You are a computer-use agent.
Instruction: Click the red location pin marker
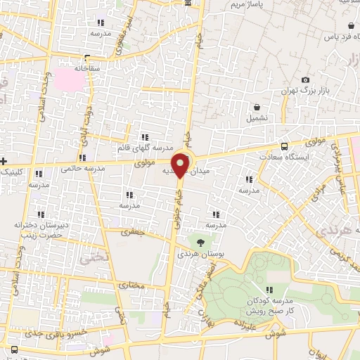click(181, 165)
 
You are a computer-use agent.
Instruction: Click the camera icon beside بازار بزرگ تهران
click(305, 80)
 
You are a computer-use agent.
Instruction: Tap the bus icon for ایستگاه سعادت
click(284, 147)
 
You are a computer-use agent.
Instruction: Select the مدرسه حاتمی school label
click(77, 169)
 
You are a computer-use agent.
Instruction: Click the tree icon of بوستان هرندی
click(202, 241)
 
